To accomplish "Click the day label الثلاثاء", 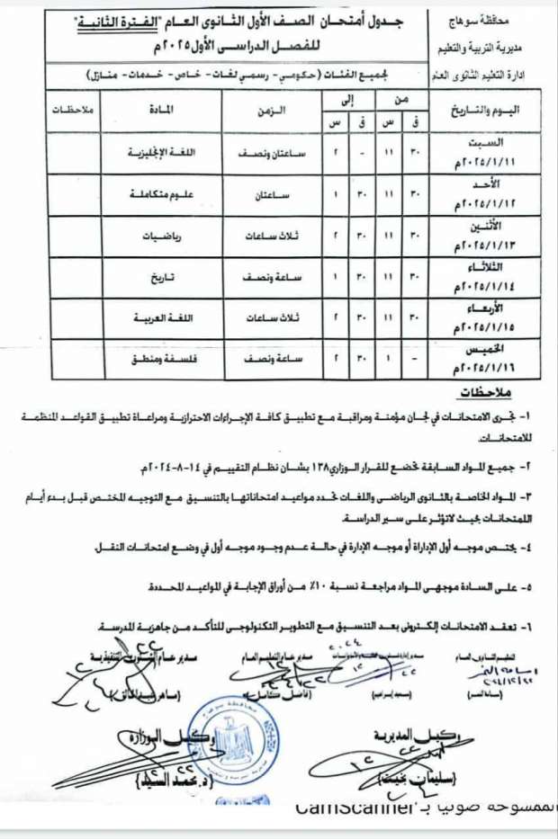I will pos(485,267).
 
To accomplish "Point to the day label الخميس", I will pos(485,349).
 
